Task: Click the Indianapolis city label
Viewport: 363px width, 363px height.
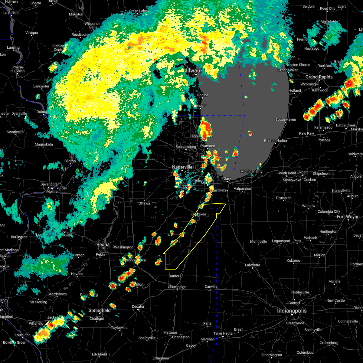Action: pyautogui.click(x=292, y=311)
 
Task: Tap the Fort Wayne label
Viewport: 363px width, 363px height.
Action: pyautogui.click(x=348, y=217)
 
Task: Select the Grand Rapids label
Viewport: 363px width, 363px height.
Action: pyautogui.click(x=319, y=77)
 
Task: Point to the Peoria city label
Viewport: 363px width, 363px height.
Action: pyautogui.click(x=103, y=244)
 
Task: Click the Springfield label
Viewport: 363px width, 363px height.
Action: pyautogui.click(x=100, y=311)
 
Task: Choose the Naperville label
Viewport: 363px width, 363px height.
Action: pyautogui.click(x=182, y=167)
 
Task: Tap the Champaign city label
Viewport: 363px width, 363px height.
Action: pyautogui.click(x=177, y=287)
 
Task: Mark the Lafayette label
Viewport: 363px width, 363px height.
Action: pyautogui.click(x=252, y=265)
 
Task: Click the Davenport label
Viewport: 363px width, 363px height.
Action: pyautogui.click(x=49, y=184)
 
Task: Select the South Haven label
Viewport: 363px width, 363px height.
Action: pyautogui.click(x=286, y=119)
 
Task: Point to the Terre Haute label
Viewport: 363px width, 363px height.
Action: pyautogui.click(x=223, y=333)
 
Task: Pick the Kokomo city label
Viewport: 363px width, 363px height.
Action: pyautogui.click(x=293, y=260)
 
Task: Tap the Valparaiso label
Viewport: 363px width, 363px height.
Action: pyautogui.click(x=243, y=188)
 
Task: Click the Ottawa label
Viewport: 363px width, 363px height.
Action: pyautogui.click(x=144, y=203)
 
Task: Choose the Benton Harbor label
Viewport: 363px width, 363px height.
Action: pyautogui.click(x=276, y=141)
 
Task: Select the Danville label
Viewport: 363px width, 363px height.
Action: pyautogui.click(x=211, y=286)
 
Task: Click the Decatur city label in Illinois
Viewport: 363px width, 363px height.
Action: pyautogui.click(x=138, y=306)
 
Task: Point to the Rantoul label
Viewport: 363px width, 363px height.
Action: pyautogui.click(x=175, y=276)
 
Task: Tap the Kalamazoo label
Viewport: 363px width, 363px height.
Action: pyautogui.click(x=323, y=127)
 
